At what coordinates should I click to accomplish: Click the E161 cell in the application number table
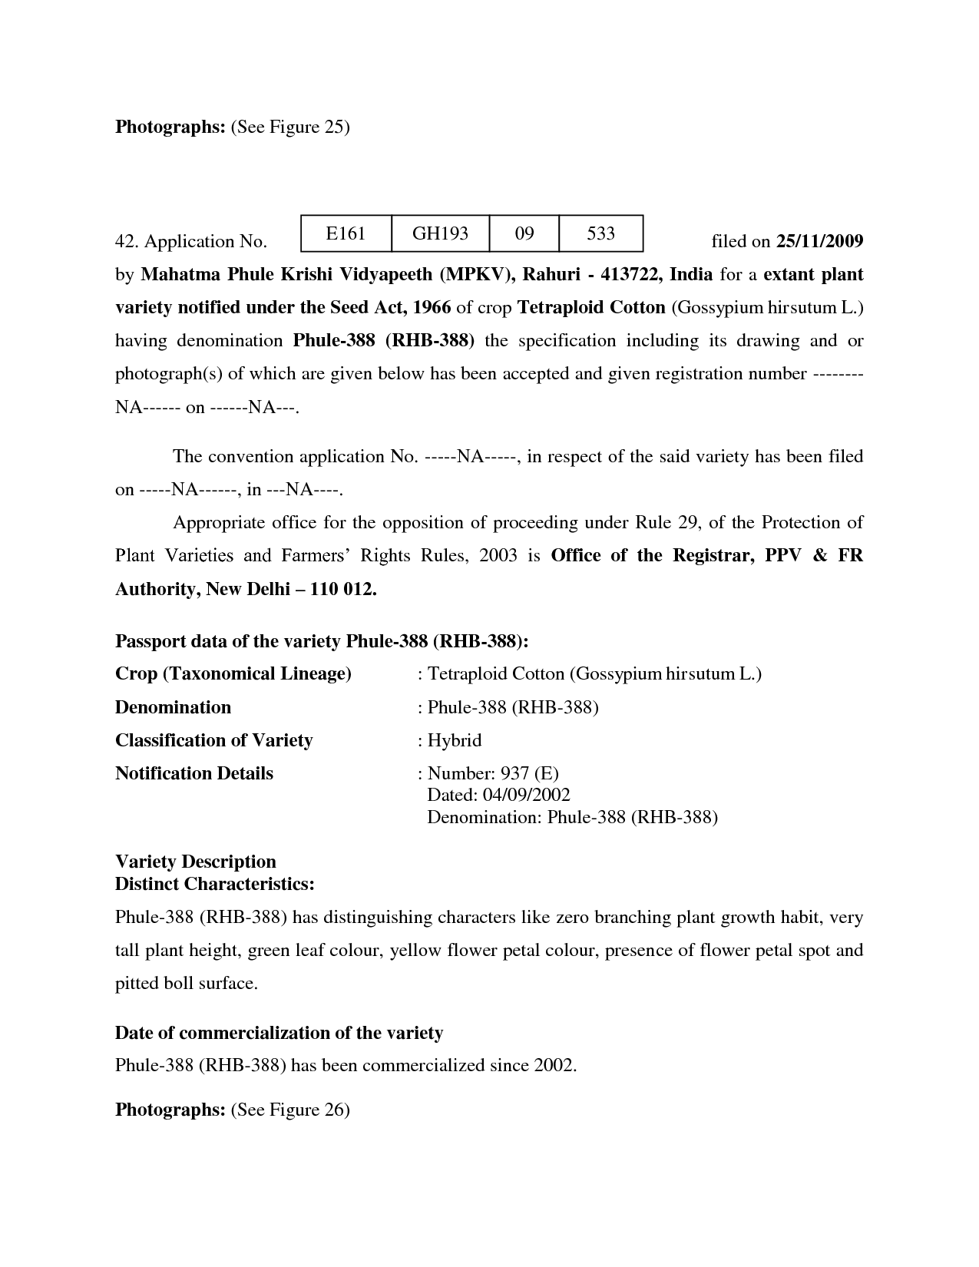[x=346, y=233]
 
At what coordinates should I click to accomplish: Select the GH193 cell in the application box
[x=440, y=233]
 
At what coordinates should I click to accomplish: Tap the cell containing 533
[x=600, y=233]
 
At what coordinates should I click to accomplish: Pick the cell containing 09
[x=524, y=233]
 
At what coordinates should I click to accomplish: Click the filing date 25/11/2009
[x=820, y=241]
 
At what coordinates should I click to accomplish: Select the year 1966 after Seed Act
[x=432, y=307]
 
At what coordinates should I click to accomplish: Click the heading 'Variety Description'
[x=195, y=862]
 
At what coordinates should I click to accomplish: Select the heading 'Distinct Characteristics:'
[x=214, y=884]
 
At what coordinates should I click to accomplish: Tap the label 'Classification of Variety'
[x=213, y=740]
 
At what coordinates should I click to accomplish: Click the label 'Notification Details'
[x=193, y=773]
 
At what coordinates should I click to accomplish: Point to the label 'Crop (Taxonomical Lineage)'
[x=233, y=673]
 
